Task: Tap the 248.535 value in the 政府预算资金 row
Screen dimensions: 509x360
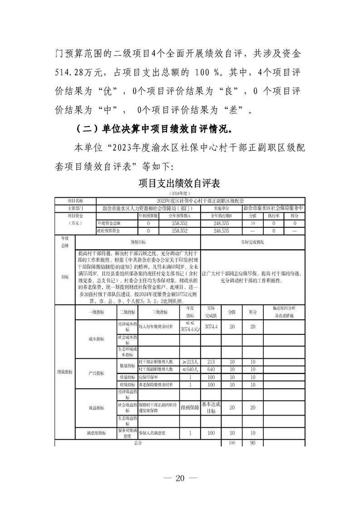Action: coord(220,231)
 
